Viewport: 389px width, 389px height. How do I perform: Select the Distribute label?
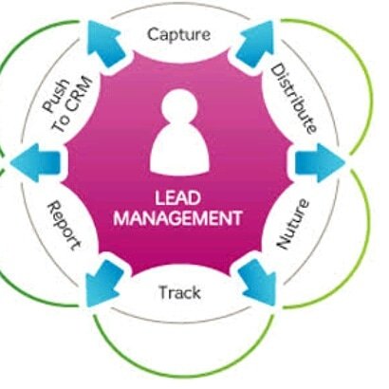(292, 98)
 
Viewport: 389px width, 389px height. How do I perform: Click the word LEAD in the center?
(176, 200)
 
